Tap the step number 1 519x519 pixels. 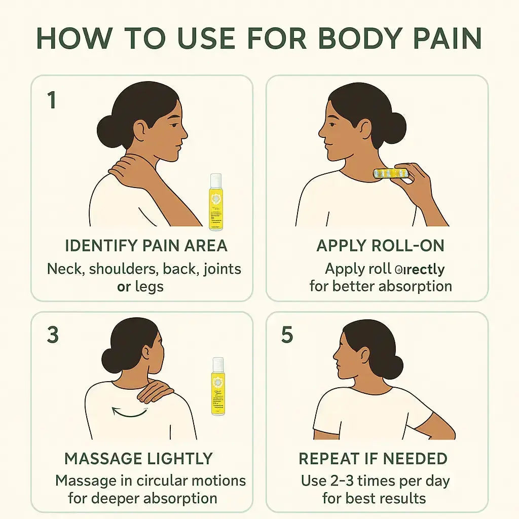pyautogui.click(x=51, y=100)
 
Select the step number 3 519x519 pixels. pyautogui.click(x=52, y=335)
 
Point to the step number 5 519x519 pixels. pyautogui.click(x=287, y=335)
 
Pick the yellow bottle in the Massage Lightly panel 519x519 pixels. pyautogui.click(x=218, y=386)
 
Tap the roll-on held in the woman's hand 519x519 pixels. pyautogui.click(x=391, y=173)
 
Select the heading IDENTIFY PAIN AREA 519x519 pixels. pyautogui.click(x=146, y=246)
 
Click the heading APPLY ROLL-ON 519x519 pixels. pyautogui.click(x=380, y=246)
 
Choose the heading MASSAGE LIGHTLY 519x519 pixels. pyautogui.click(x=138, y=459)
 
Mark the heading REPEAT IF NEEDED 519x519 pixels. pyautogui.click(x=373, y=459)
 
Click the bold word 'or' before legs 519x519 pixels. pyautogui.click(x=124, y=287)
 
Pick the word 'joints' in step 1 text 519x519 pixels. pyautogui.click(x=221, y=268)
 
